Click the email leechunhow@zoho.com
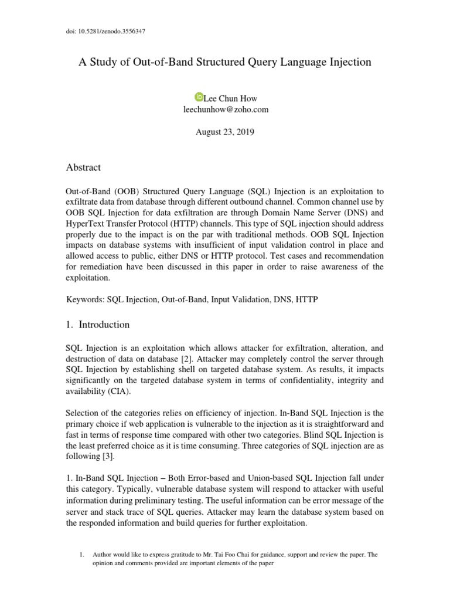pyautogui.click(x=225, y=109)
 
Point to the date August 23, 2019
pyautogui.click(x=224, y=132)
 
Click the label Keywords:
pyautogui.click(x=85, y=299)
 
